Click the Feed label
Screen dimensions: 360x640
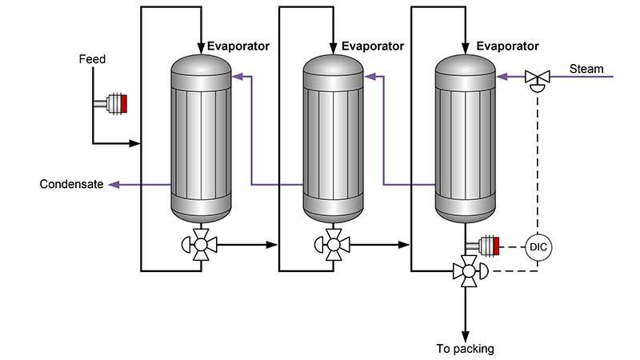pos(92,59)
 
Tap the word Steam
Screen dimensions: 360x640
pos(586,69)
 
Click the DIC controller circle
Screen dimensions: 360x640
pos(537,246)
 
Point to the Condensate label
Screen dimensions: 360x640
pos(71,185)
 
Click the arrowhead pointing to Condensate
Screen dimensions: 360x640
pos(114,185)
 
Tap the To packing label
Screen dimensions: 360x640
pos(465,348)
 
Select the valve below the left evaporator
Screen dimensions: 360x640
pos(199,242)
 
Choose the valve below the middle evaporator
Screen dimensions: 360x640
pos(330,242)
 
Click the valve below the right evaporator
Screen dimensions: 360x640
pos(465,271)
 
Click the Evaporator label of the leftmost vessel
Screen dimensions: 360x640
pos(238,46)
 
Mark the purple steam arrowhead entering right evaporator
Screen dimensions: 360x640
pos(501,78)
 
